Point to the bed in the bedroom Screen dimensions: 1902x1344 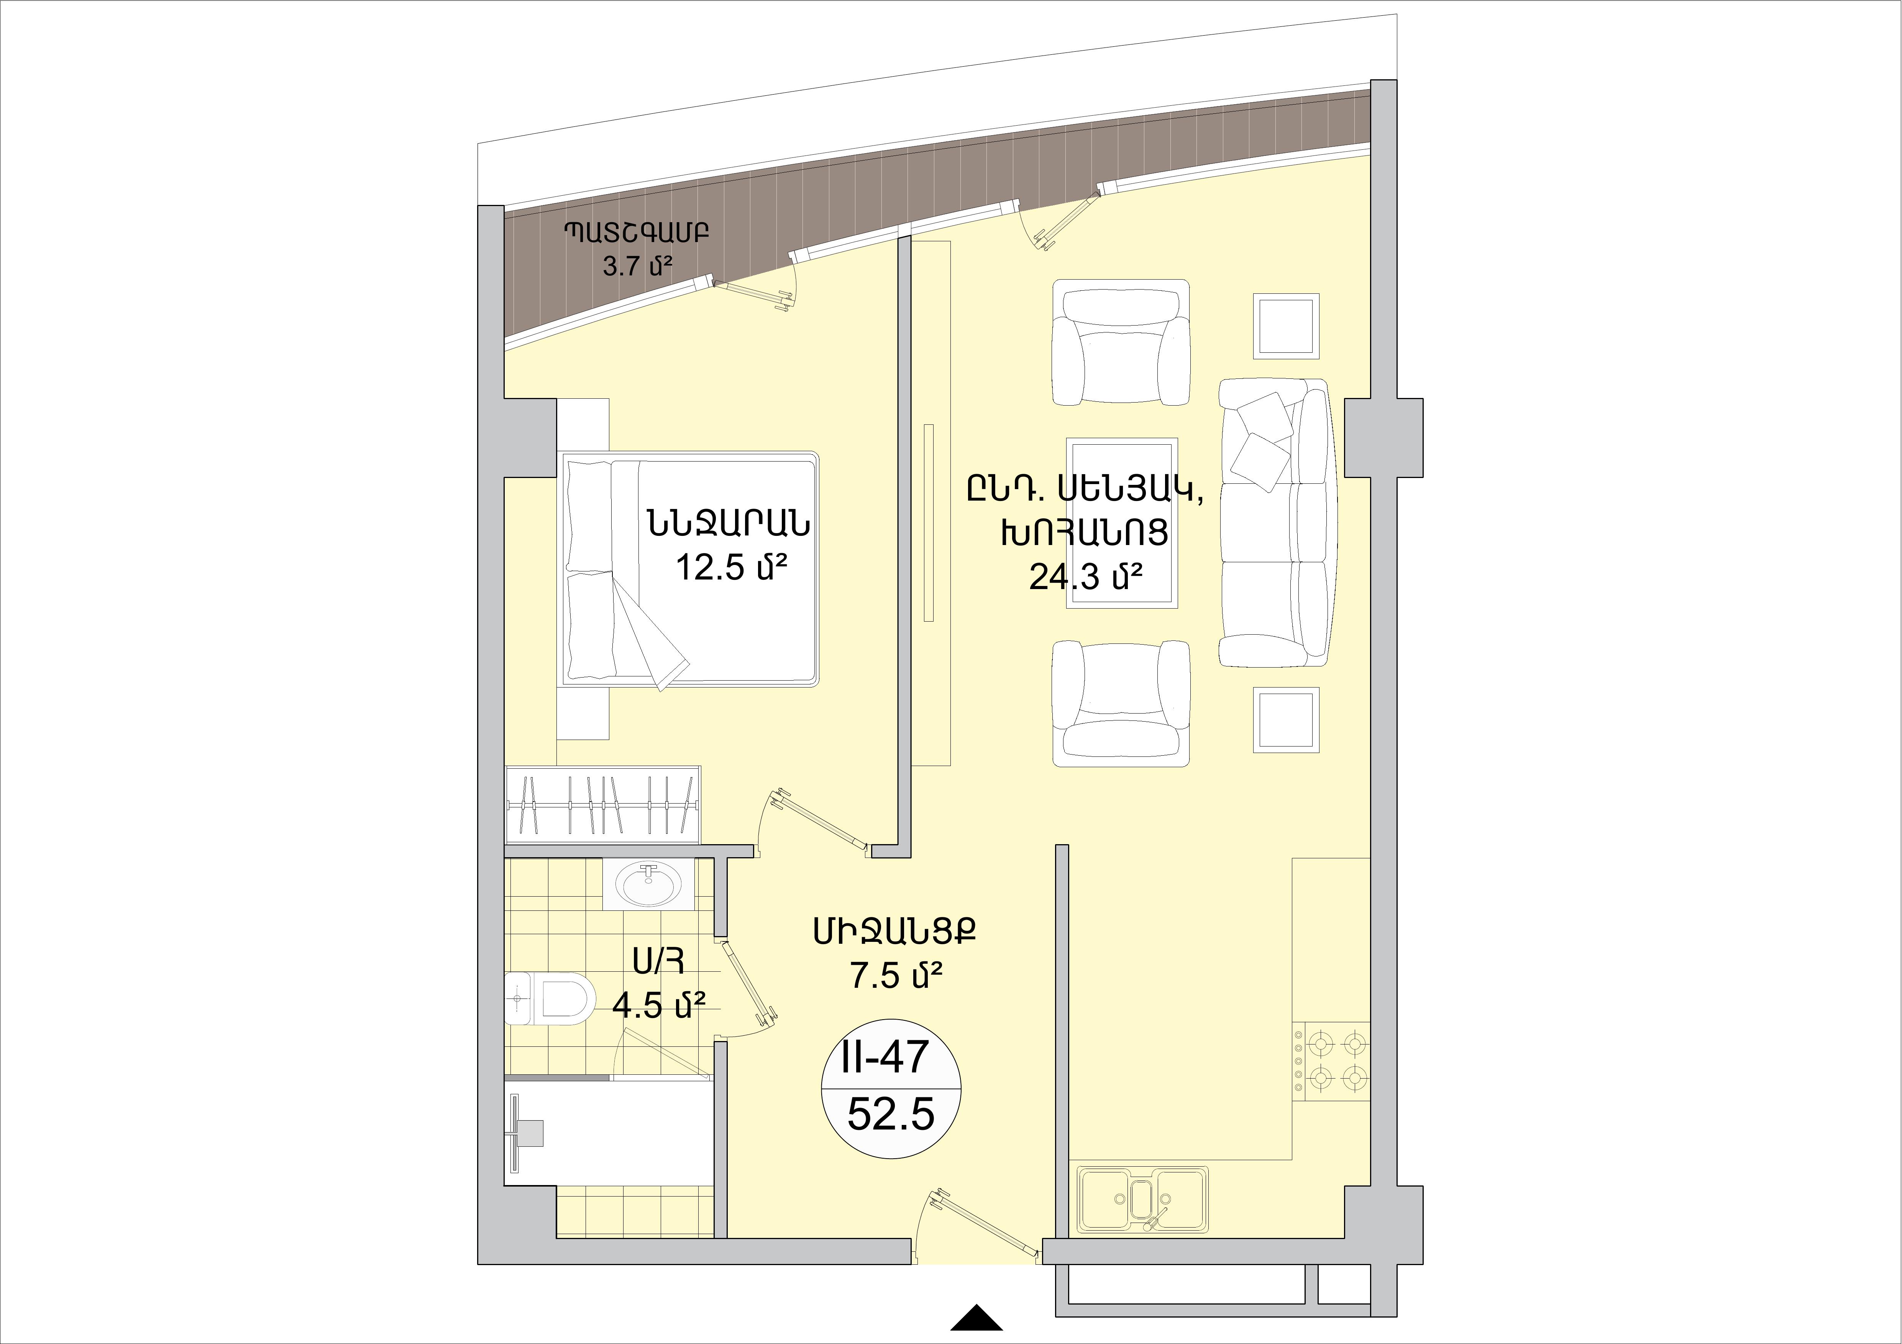[690, 569]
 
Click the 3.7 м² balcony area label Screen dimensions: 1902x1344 [636, 266]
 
